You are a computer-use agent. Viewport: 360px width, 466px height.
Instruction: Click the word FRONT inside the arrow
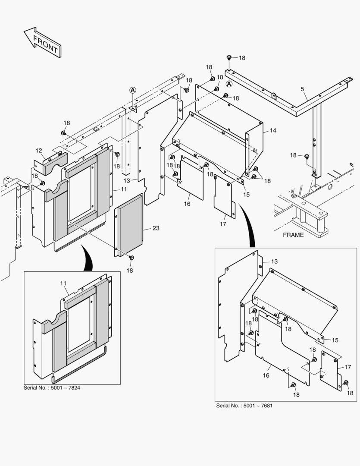[45, 44]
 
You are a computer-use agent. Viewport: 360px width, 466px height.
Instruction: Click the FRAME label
[293, 235]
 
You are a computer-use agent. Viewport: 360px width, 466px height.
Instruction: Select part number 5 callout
[302, 89]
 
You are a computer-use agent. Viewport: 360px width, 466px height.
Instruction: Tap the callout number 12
[39, 151]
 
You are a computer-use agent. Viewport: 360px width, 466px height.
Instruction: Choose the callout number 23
[155, 228]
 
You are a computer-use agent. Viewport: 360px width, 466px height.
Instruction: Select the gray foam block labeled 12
[55, 160]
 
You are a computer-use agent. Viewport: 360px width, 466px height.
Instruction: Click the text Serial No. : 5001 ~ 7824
[52, 388]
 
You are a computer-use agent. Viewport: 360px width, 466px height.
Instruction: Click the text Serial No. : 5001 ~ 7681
[244, 406]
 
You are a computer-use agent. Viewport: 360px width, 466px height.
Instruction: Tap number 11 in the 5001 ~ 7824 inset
[63, 283]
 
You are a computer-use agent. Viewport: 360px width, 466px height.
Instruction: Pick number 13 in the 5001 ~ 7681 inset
[275, 261]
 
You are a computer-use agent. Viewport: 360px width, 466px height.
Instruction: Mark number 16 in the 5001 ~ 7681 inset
[266, 376]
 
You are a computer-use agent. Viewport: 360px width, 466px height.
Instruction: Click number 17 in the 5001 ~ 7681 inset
[348, 367]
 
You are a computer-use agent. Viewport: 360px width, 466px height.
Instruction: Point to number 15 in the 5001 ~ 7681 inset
[335, 340]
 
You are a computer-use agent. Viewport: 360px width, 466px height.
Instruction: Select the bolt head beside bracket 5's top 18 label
[229, 57]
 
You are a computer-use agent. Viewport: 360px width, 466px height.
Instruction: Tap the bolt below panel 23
[132, 258]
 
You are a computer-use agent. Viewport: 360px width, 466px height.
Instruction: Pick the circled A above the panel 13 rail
[133, 90]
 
